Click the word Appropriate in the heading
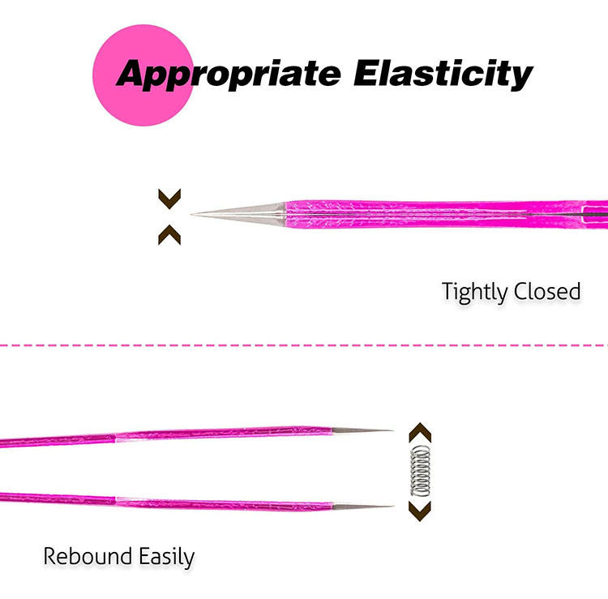pyautogui.click(x=228, y=74)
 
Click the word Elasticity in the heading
pyautogui.click(x=443, y=73)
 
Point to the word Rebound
pyautogui.click(x=87, y=557)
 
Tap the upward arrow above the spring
pyautogui.click(x=418, y=431)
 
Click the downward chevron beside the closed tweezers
pyautogui.click(x=169, y=198)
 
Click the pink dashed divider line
pyautogui.click(x=304, y=345)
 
